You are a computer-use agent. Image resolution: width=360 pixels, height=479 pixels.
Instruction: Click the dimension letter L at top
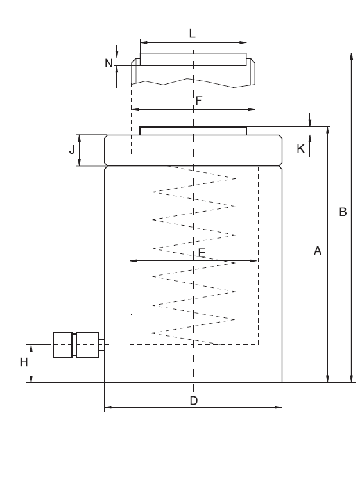pyautogui.click(x=193, y=31)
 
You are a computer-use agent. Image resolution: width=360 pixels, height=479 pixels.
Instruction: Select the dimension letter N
pyautogui.click(x=108, y=63)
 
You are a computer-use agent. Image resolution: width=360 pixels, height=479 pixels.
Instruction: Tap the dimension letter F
pyautogui.click(x=199, y=101)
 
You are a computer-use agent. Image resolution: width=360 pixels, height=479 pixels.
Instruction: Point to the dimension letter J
pyautogui.click(x=72, y=150)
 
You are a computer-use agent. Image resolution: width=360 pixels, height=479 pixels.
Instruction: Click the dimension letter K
pyautogui.click(x=300, y=149)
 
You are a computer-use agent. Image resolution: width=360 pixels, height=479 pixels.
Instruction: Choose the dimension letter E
pyautogui.click(x=201, y=253)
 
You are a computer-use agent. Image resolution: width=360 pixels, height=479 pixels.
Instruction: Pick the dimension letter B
pyautogui.click(x=343, y=212)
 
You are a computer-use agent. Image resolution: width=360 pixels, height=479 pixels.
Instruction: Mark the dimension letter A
pyautogui.click(x=316, y=252)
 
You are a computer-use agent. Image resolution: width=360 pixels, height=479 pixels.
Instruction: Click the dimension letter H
pyautogui.click(x=24, y=362)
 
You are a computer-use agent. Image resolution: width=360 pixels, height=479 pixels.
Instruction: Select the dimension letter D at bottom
pyautogui.click(x=193, y=401)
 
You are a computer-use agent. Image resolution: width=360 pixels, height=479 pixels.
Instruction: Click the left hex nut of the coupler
pyautogui.click(x=63, y=344)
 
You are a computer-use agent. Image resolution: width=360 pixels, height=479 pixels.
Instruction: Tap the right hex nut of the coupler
pyautogui.click(x=87, y=344)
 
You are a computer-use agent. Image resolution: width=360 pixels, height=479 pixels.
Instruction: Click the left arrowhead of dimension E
pyautogui.click(x=132, y=261)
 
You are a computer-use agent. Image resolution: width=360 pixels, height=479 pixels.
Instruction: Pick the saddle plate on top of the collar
pyautogui.click(x=193, y=131)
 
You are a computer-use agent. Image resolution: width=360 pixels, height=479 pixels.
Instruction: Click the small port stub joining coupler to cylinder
pyautogui.click(x=101, y=344)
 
